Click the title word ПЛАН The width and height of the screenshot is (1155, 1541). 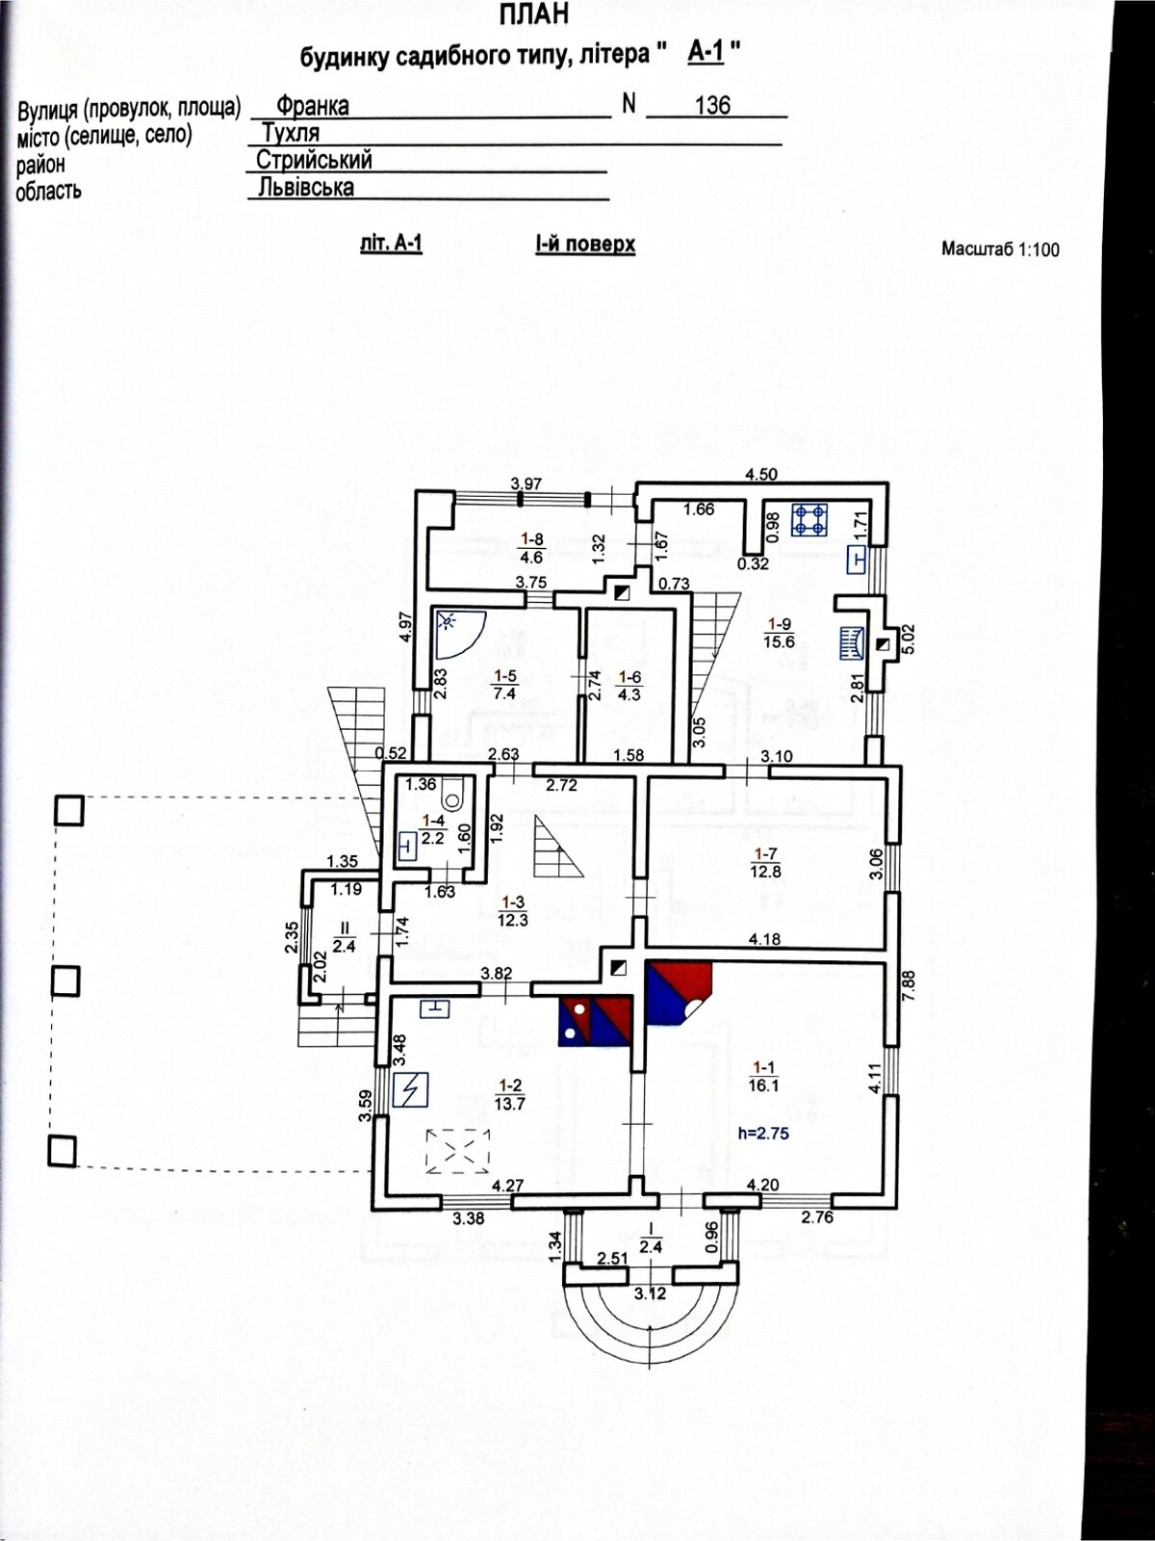pyautogui.click(x=534, y=15)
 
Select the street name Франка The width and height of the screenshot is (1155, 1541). pyautogui.click(x=312, y=106)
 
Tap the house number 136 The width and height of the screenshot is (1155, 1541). pyautogui.click(x=712, y=106)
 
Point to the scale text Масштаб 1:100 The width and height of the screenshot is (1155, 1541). pyautogui.click(x=1000, y=249)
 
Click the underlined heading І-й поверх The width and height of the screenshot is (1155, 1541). pyautogui.click(x=585, y=245)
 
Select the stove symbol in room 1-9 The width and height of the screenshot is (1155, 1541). pyautogui.click(x=809, y=520)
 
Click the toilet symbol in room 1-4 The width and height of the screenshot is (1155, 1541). pyautogui.click(x=453, y=796)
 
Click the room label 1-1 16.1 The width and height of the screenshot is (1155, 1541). pyautogui.click(x=764, y=1075)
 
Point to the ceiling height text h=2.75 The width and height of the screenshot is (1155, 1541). pyautogui.click(x=763, y=1134)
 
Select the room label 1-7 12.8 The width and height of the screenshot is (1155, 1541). pyautogui.click(x=766, y=863)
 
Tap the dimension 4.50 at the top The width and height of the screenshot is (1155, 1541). pyautogui.click(x=761, y=474)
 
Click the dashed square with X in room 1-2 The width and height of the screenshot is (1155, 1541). pyautogui.click(x=458, y=1151)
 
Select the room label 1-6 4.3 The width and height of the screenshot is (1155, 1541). pyautogui.click(x=629, y=686)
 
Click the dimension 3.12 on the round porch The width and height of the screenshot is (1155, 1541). pyautogui.click(x=651, y=1293)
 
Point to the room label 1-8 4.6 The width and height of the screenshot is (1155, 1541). pyautogui.click(x=532, y=548)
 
